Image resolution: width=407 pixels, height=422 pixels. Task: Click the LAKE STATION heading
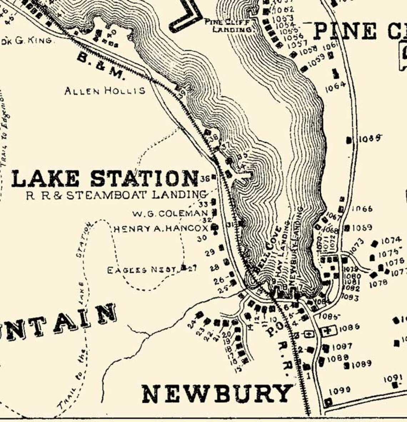click(x=105, y=178)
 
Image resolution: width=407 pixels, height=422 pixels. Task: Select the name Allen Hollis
click(x=105, y=91)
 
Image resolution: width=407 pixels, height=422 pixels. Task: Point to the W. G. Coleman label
click(x=170, y=213)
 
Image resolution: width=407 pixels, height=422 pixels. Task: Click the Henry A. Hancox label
click(x=161, y=228)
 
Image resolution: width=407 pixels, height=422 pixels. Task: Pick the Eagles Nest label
click(x=142, y=270)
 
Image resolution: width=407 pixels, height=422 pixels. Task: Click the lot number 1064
click(x=335, y=86)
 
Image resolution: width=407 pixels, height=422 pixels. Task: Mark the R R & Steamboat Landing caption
click(x=116, y=195)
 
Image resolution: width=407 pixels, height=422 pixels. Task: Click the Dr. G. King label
click(x=27, y=41)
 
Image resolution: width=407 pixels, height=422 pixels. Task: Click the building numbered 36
click(x=213, y=177)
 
